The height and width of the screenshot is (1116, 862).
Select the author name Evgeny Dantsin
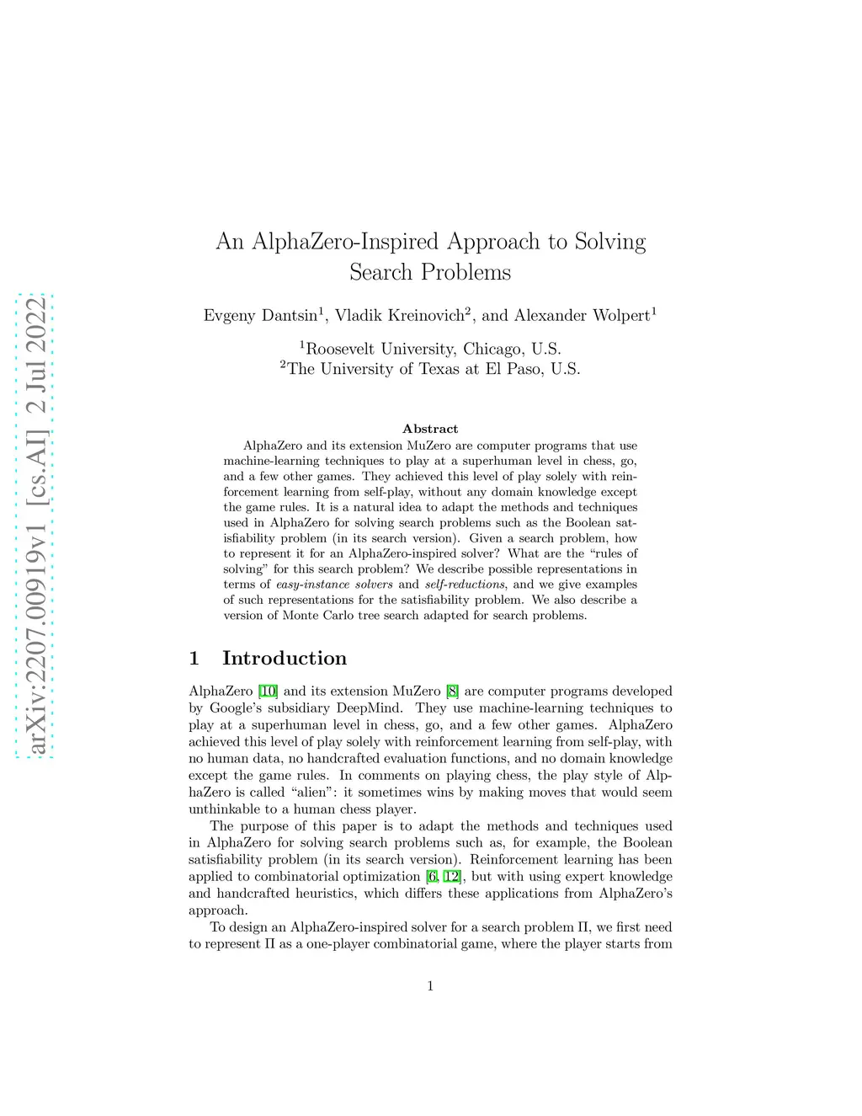(260, 316)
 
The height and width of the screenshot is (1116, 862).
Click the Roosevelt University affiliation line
(430, 349)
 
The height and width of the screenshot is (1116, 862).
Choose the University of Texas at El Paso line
(430, 369)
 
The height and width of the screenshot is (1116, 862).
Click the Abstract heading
(430, 429)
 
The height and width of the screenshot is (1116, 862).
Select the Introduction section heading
(285, 659)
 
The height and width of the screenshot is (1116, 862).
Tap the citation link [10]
(268, 691)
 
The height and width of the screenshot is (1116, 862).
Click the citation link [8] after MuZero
(453, 691)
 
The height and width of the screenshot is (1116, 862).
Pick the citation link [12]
(452, 877)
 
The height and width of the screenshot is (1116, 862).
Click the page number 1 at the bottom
(430, 986)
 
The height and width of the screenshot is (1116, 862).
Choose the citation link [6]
(432, 877)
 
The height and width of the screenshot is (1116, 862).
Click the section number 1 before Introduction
(194, 659)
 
